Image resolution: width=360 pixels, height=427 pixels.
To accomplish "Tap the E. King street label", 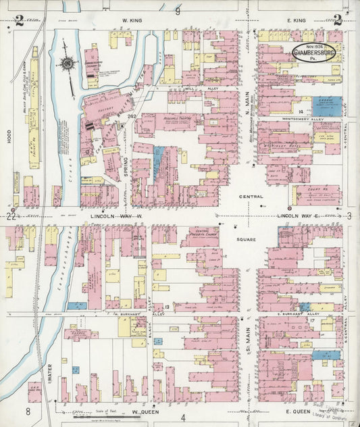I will click(x=295, y=22).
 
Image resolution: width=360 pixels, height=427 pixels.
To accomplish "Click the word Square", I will click(x=247, y=239).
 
